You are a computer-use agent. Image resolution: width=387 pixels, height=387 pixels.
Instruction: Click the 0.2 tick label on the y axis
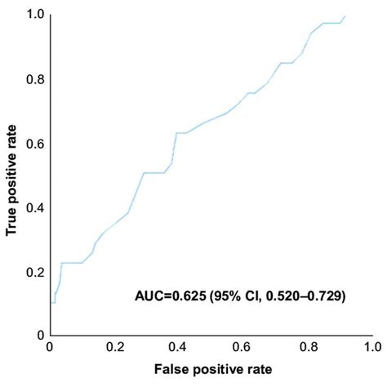coord(33,271)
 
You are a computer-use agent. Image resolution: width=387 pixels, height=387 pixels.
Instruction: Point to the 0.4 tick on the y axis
coord(33,207)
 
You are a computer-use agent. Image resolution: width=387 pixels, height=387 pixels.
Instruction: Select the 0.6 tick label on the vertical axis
coord(33,144)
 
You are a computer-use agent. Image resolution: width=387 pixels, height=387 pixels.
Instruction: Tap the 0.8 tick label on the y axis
coord(33,79)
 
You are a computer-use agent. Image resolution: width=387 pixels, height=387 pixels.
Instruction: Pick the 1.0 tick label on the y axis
coord(33,16)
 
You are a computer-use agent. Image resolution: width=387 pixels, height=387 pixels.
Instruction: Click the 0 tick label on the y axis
coord(40,336)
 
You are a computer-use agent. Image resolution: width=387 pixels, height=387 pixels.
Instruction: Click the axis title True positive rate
coord(12,176)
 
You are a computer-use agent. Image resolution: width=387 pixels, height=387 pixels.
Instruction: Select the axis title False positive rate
coord(211,370)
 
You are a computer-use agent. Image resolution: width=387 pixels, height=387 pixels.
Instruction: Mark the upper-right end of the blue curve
coord(345,16)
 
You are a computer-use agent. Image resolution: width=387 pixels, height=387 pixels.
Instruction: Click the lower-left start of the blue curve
coord(51,303)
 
